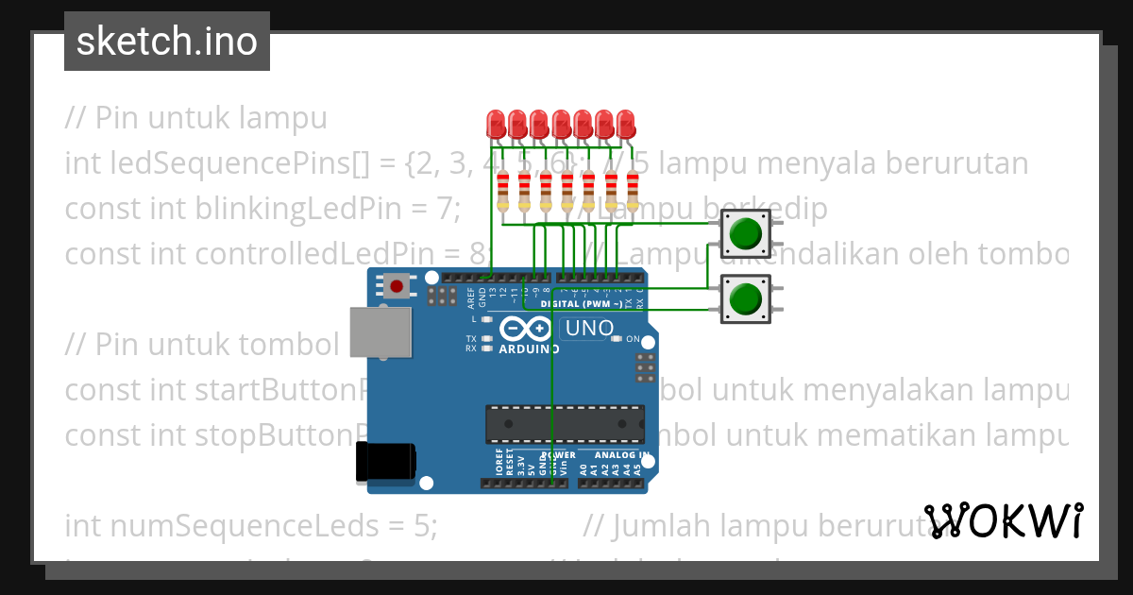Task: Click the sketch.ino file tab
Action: tap(167, 42)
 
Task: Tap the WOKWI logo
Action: tap(1004, 520)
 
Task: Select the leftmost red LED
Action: tap(495, 124)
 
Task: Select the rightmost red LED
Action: tap(625, 124)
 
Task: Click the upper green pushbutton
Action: tap(746, 233)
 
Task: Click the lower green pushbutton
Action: tap(746, 298)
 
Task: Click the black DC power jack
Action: tap(384, 462)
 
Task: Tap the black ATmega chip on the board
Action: tap(565, 424)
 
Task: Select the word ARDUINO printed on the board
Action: tap(529, 348)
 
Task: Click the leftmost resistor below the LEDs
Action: tap(502, 192)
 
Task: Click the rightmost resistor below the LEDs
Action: tap(633, 192)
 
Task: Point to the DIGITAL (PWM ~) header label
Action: tap(582, 305)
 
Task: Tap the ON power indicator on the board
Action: tap(632, 339)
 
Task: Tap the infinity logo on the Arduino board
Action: tap(526, 329)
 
